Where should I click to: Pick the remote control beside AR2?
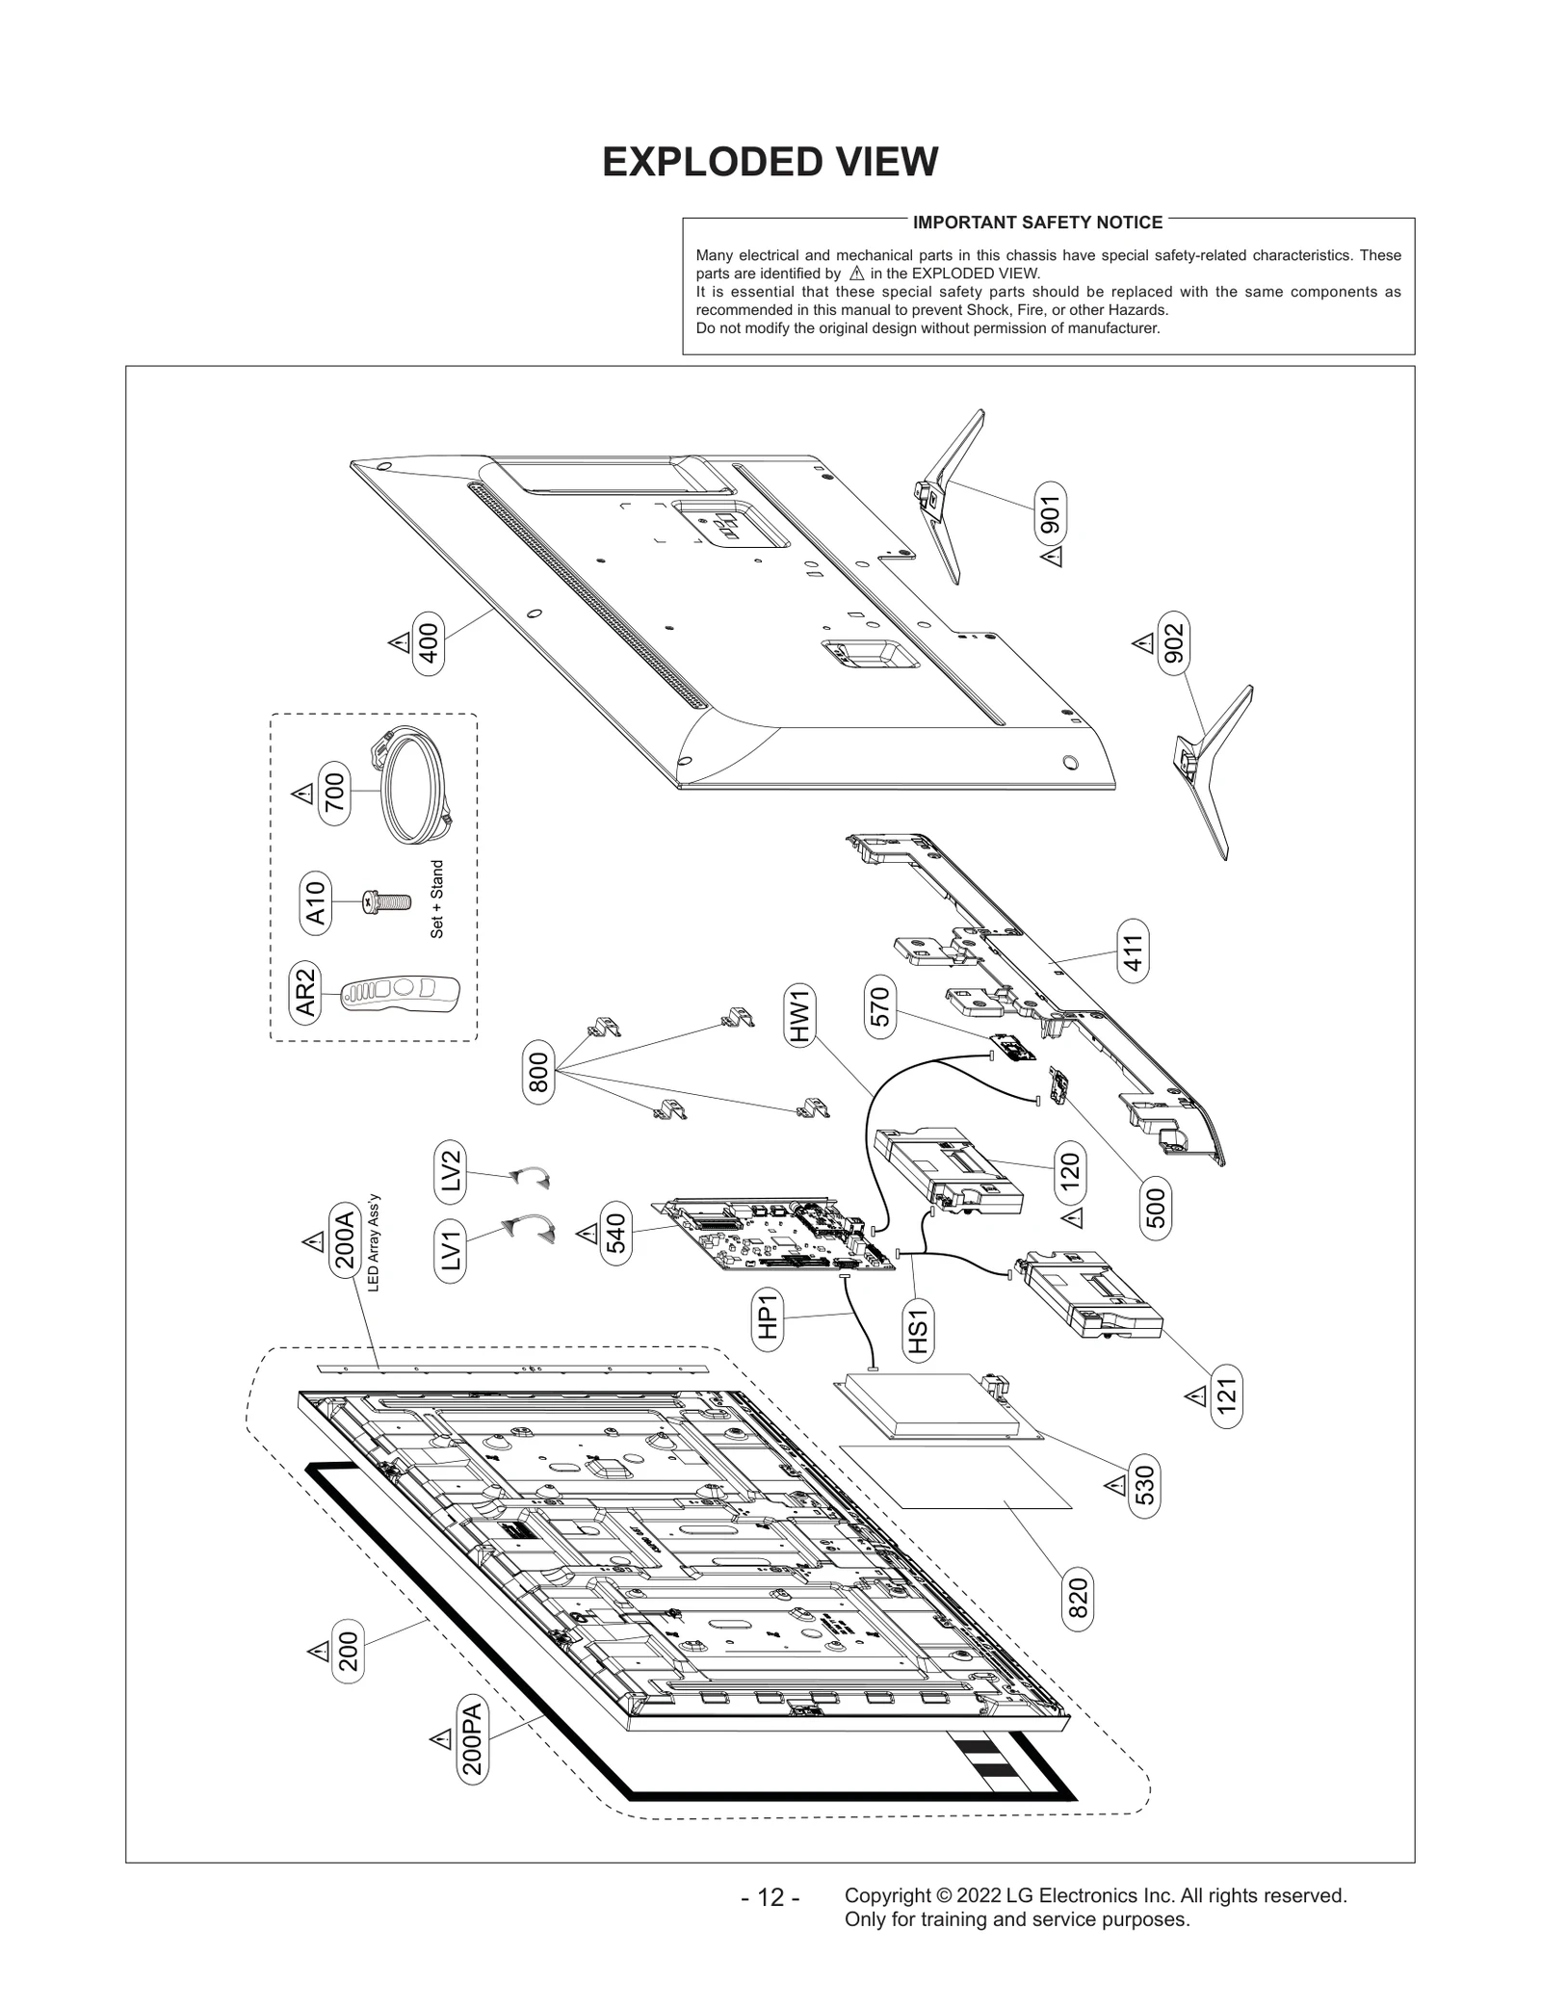[401, 993]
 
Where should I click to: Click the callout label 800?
[538, 1072]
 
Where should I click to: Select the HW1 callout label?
[800, 1017]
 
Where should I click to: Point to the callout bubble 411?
[1133, 951]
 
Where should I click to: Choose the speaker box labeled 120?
[949, 1166]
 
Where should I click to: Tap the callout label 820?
[1078, 1598]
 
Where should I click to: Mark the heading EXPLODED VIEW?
[770, 162]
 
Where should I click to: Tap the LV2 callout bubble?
[450, 1171]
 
